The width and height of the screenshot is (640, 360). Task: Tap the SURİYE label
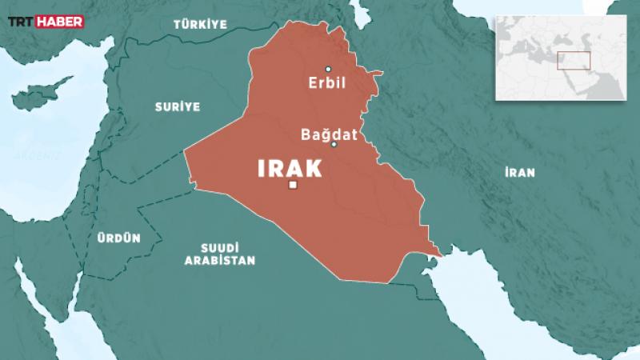pos(178,106)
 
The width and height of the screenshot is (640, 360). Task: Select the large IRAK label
pos(289,168)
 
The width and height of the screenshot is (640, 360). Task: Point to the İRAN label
pos(520,171)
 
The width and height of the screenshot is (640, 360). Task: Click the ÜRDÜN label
pos(119,238)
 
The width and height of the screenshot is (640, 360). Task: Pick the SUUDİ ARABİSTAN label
pos(220,254)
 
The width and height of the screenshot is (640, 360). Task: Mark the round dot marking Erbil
pos(328,68)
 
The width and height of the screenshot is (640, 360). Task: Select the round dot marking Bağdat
pos(334,144)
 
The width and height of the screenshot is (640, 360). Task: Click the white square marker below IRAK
pos(293,186)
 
